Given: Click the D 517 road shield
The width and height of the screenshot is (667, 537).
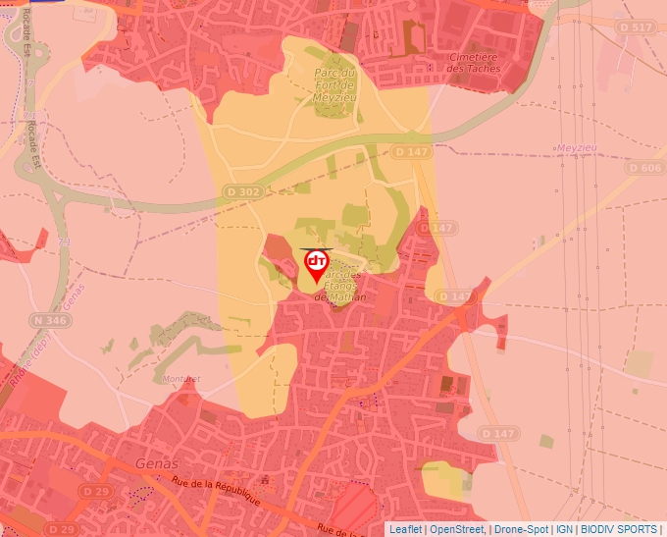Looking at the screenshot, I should click(x=637, y=27).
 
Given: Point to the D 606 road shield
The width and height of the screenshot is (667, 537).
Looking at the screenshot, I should click(x=643, y=169).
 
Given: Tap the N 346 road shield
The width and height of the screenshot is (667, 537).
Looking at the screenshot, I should click(x=50, y=320).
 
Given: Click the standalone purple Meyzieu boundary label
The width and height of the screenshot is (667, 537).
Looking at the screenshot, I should click(x=576, y=147).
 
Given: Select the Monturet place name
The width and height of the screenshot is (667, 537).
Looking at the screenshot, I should click(x=182, y=378).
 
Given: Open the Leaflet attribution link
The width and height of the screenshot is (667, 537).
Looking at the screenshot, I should click(x=405, y=529).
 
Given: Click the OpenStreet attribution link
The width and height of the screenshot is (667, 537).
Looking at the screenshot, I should click(x=457, y=529).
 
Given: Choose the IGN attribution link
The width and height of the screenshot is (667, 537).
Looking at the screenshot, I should click(x=564, y=529).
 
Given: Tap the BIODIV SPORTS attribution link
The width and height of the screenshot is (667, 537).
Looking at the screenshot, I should click(x=619, y=529).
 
